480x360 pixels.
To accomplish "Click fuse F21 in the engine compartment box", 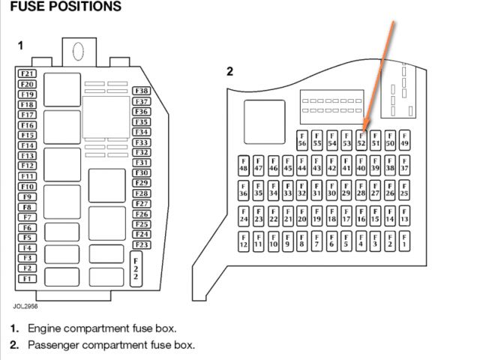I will [28, 73].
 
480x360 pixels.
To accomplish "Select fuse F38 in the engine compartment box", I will [141, 91].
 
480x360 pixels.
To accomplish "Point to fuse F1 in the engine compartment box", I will [28, 278].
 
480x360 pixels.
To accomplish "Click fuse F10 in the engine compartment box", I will [28, 186].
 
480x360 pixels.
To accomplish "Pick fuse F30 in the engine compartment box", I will [141, 172].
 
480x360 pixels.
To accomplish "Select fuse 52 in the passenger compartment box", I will [361, 139].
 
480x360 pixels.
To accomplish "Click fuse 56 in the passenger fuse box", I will [302, 139].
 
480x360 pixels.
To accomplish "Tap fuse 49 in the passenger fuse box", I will [404, 139].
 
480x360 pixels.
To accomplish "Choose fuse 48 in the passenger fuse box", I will [244, 165].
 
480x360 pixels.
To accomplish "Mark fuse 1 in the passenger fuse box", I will [404, 241].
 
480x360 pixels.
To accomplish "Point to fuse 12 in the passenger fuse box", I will [244, 241].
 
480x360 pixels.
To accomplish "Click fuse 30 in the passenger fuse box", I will [331, 190].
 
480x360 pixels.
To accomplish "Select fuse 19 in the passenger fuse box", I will [316, 216].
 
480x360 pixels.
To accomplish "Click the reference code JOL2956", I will [25, 306].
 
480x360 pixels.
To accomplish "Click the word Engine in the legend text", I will [46, 328].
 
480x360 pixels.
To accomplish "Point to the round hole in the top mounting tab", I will [77, 50].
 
